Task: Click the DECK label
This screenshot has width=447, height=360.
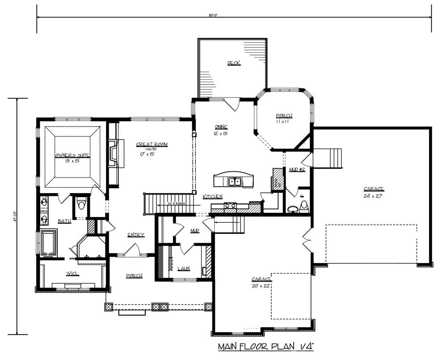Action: [x=233, y=63]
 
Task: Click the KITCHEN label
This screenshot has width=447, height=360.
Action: [x=213, y=197]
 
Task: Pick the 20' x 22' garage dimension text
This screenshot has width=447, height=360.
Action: [x=261, y=285]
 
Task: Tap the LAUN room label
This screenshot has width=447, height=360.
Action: [x=183, y=268]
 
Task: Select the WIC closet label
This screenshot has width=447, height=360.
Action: [x=72, y=274]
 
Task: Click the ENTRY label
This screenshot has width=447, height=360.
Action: [x=135, y=235]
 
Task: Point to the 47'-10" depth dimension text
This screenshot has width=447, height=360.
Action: [x=15, y=216]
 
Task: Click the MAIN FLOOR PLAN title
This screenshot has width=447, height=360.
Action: [x=266, y=347]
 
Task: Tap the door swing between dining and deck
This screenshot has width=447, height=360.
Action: [x=233, y=105]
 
